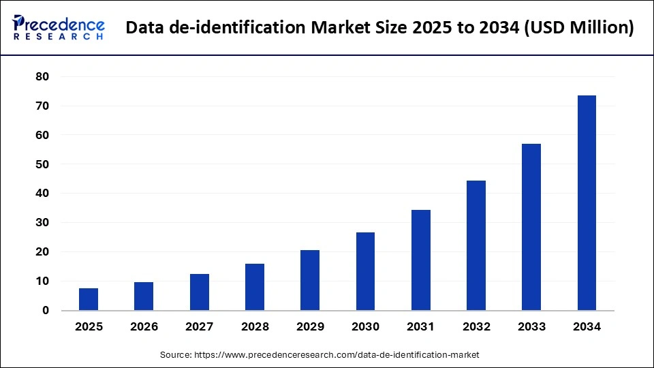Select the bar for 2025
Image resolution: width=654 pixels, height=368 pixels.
(89, 299)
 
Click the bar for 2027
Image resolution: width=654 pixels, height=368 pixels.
(200, 292)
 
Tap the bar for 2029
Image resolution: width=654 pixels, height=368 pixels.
(310, 280)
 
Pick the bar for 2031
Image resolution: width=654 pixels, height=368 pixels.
(421, 260)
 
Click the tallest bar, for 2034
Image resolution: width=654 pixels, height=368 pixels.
(587, 202)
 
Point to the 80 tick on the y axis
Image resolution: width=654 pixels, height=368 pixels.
(42, 77)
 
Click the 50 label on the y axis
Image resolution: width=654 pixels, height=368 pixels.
(42, 164)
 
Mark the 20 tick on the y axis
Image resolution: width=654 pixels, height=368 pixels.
(42, 252)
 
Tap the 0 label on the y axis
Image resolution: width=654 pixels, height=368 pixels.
(46, 311)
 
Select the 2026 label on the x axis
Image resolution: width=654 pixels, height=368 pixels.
(144, 327)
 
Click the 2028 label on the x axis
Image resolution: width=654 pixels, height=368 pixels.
(255, 327)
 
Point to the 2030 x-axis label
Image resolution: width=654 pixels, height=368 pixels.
(365, 327)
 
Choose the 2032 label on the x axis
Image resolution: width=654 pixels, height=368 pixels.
(476, 327)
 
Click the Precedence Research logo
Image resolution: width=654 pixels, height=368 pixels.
(59, 27)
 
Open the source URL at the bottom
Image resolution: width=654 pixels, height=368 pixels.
(337, 355)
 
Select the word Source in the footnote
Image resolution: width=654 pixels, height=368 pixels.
(176, 355)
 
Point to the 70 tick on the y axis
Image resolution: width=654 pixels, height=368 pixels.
(42, 106)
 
